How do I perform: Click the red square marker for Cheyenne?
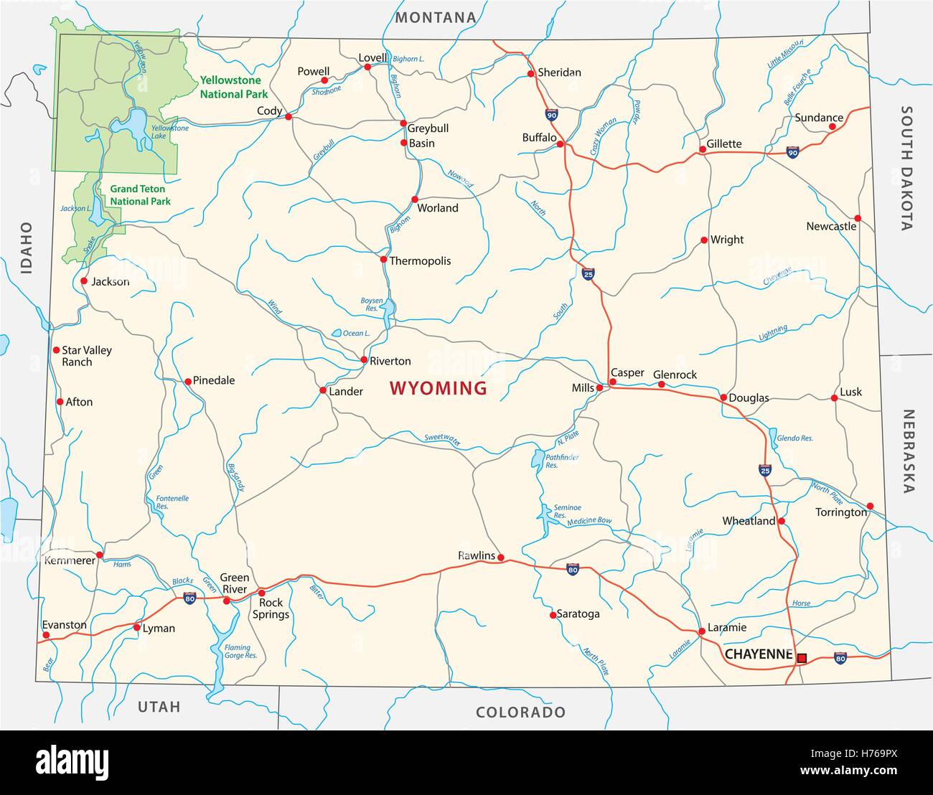click(802, 657)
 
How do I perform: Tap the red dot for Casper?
click(612, 382)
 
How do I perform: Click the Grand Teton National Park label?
click(140, 195)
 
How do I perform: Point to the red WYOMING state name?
click(438, 389)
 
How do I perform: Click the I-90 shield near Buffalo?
click(551, 115)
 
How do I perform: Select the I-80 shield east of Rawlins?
click(572, 570)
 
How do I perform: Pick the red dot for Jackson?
click(84, 281)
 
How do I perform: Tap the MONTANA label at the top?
click(436, 17)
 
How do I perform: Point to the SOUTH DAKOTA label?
click(907, 168)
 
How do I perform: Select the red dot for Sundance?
click(833, 127)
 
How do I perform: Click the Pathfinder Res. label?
click(561, 461)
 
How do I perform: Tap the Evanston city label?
click(65, 625)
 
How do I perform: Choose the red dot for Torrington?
click(870, 505)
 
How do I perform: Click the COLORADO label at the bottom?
click(520, 712)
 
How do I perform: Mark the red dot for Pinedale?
click(188, 381)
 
